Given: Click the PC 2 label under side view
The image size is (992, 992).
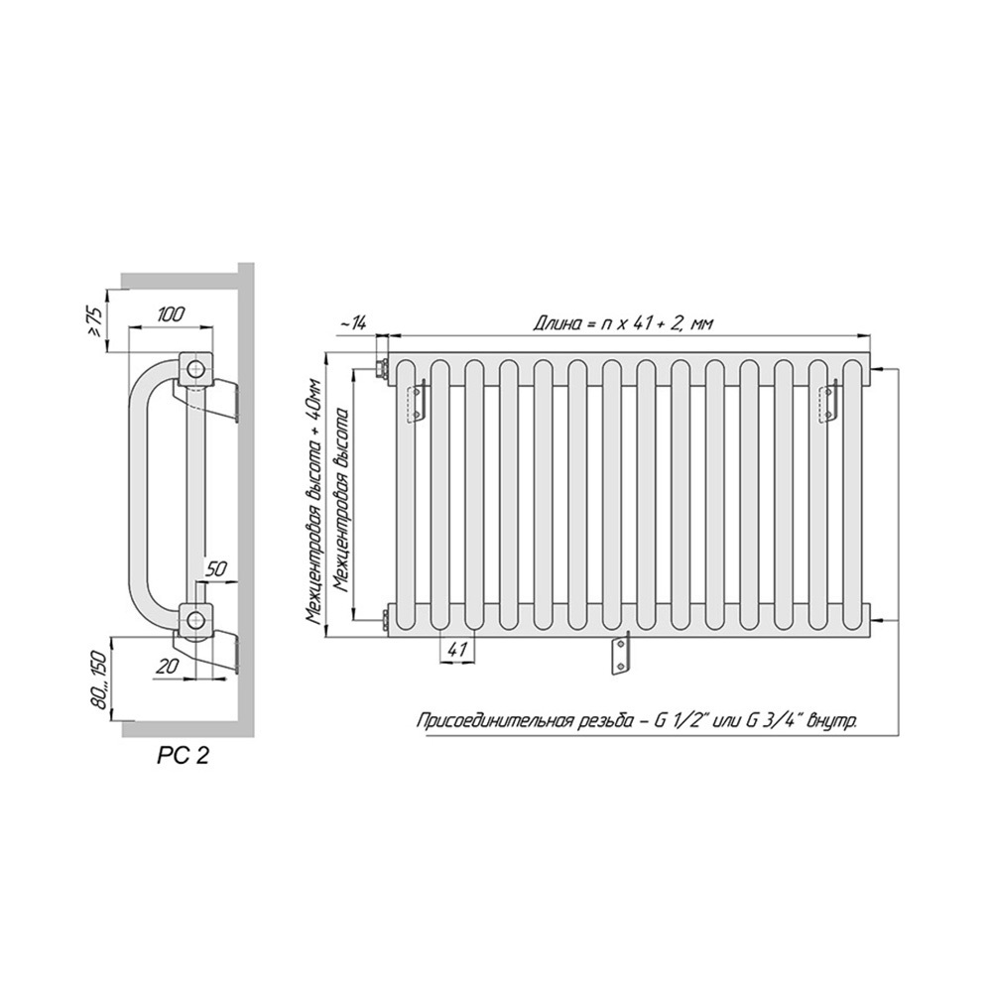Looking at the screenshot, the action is tap(183, 755).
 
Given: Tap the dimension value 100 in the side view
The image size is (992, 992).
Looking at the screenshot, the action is tap(171, 314).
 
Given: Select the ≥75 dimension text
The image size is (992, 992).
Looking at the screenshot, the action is tap(96, 321).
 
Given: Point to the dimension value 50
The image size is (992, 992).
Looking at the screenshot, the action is tap(216, 568).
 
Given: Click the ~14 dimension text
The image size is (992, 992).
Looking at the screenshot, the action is tap(353, 323).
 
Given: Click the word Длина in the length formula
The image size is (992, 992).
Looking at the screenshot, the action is tap(555, 324).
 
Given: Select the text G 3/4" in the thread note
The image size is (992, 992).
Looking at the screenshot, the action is tap(771, 720).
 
